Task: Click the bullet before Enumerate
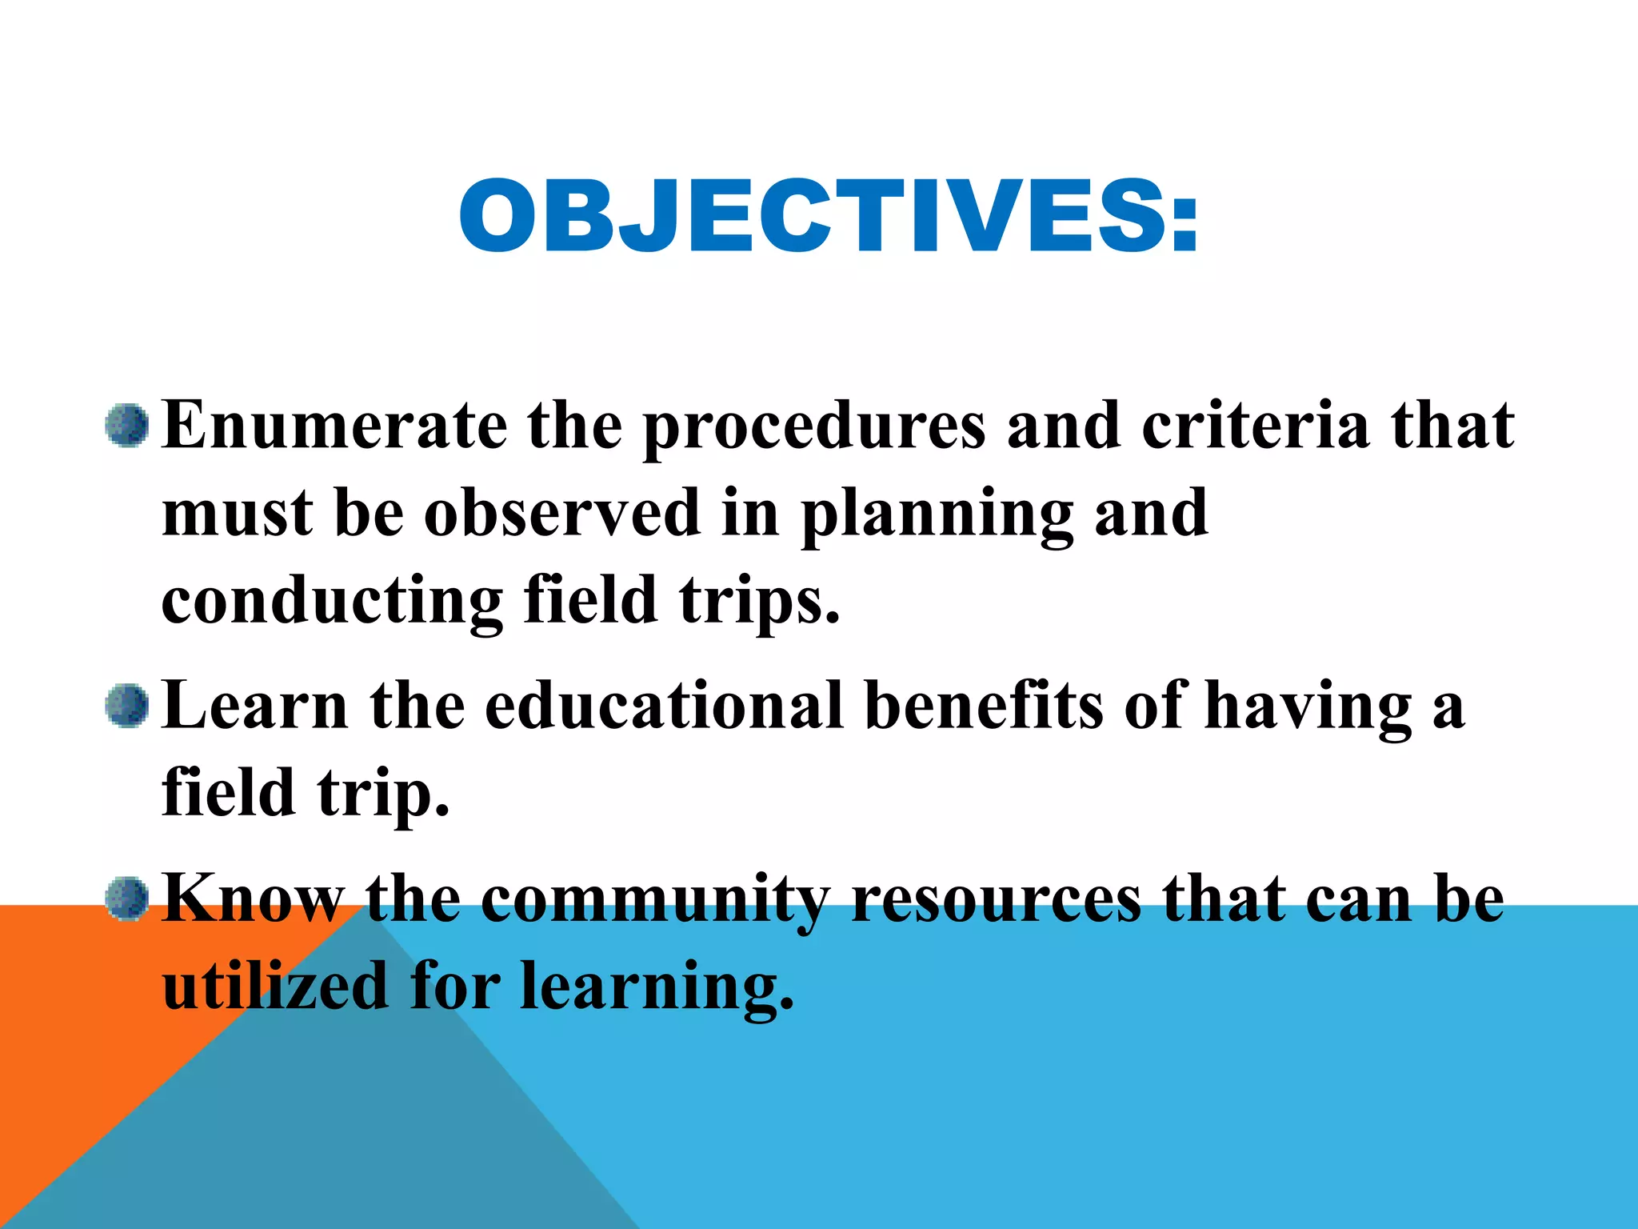pyautogui.click(x=127, y=426)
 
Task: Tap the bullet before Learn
pyautogui.click(x=127, y=706)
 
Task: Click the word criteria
pyautogui.click(x=1256, y=426)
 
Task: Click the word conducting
pyautogui.click(x=332, y=602)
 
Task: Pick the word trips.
pyautogui.click(x=760, y=602)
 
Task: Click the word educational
pyautogui.click(x=664, y=706)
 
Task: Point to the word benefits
pyautogui.click(x=985, y=706)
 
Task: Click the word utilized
pyautogui.click(x=275, y=986)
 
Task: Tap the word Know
pyautogui.click(x=253, y=899)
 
